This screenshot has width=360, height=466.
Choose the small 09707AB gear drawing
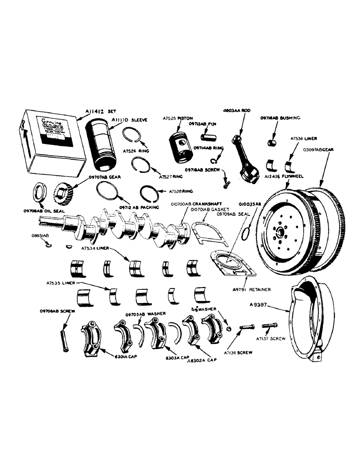pos(62,192)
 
